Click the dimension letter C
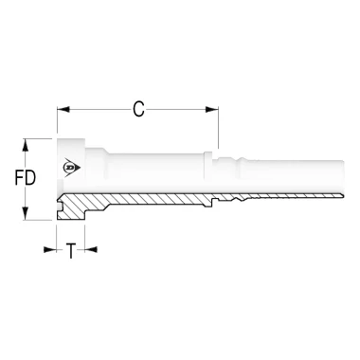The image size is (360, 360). click(x=138, y=111)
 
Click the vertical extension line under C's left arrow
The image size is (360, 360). click(x=58, y=128)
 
